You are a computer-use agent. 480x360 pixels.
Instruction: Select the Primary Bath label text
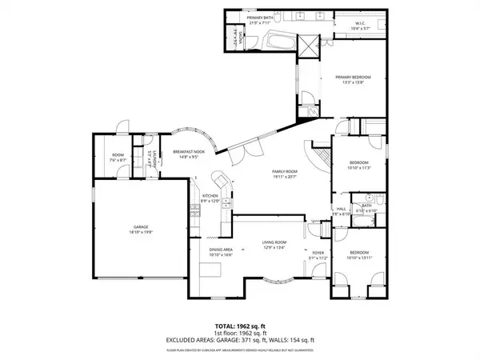tap(261, 18)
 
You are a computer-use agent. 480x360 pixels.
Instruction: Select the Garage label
tap(141, 228)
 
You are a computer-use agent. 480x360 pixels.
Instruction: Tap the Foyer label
tap(318, 255)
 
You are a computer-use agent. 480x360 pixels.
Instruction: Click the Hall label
tap(339, 210)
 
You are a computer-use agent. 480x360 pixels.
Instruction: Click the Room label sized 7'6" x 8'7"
tap(118, 158)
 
